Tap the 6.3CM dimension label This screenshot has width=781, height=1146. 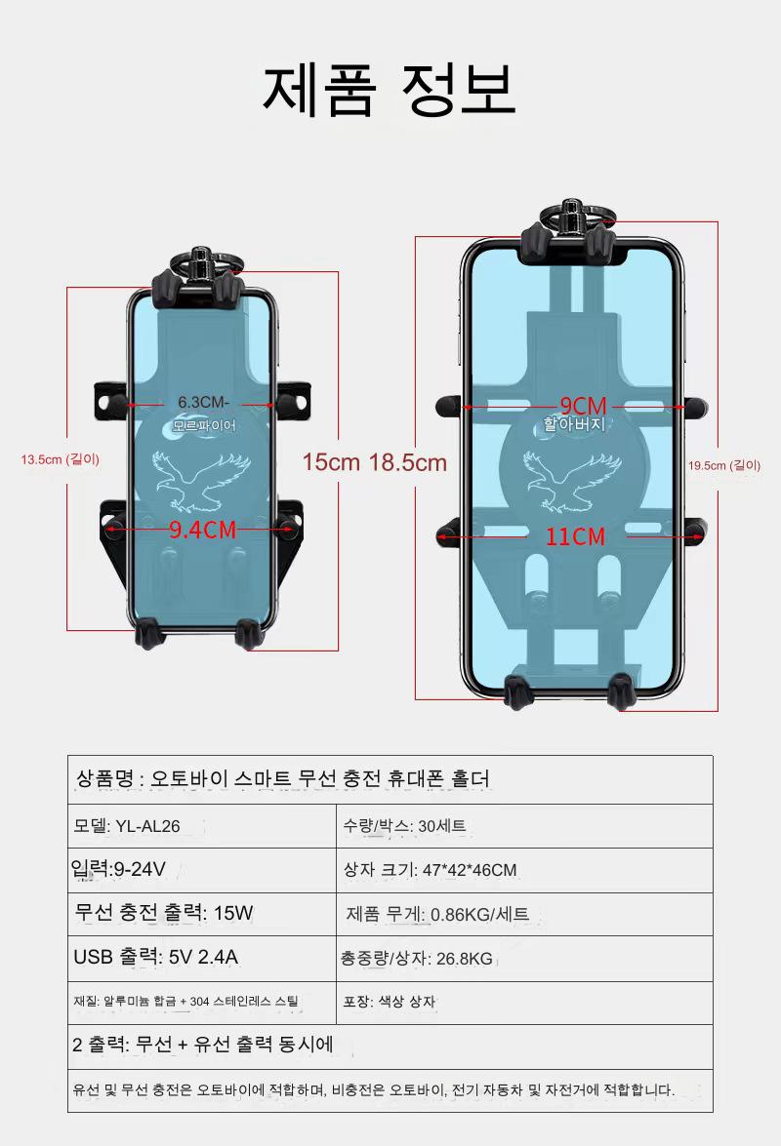pyautogui.click(x=202, y=403)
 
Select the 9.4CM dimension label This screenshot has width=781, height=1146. pyautogui.click(x=202, y=530)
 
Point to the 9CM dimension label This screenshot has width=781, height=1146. pyautogui.click(x=583, y=406)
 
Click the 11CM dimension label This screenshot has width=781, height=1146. pyautogui.click(x=576, y=536)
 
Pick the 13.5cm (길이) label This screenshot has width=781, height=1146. pyautogui.click(x=60, y=459)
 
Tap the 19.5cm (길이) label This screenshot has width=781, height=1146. pyautogui.click(x=724, y=465)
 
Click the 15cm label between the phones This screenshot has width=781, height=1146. pyautogui.click(x=331, y=462)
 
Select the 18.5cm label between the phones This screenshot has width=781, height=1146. pyautogui.click(x=407, y=462)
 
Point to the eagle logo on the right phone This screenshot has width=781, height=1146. pyautogui.click(x=573, y=481)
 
